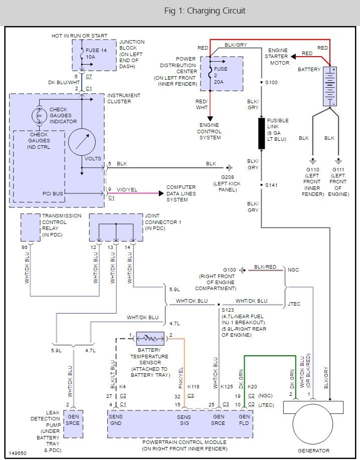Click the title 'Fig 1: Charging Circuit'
pyautogui.click(x=205, y=11)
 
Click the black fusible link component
pyautogui.click(x=261, y=133)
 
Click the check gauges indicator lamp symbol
pyautogui.click(x=39, y=115)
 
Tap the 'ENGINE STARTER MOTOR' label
pyautogui.click(x=278, y=57)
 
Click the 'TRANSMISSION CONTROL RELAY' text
pyautogui.click(x=62, y=225)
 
